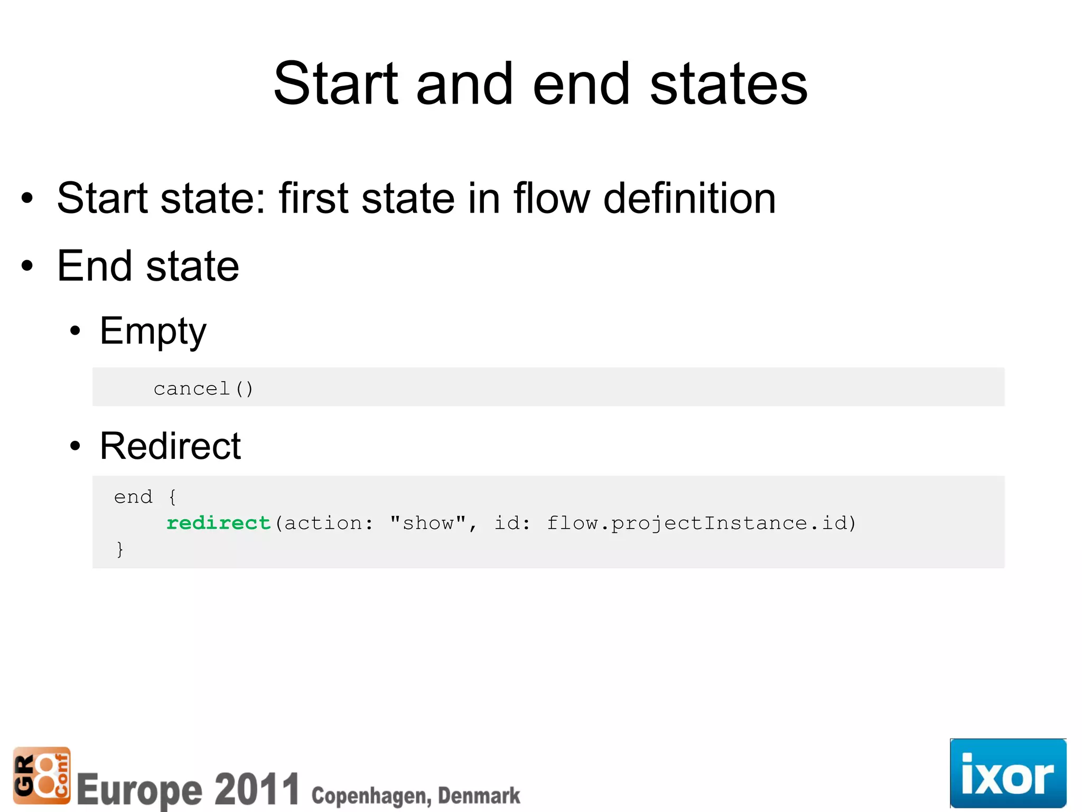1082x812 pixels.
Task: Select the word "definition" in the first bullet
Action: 689,198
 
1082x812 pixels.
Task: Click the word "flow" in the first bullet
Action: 552,198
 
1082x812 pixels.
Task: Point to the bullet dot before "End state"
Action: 27,266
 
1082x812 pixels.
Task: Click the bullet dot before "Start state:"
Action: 27,199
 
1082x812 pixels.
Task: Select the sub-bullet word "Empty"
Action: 153,331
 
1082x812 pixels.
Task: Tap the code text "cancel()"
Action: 203,389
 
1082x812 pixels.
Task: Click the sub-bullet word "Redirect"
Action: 170,446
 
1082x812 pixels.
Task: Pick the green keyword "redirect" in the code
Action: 218,523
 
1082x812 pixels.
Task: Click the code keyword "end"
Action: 133,497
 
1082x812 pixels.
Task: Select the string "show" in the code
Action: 428,523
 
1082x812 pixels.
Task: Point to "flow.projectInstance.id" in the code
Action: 697,523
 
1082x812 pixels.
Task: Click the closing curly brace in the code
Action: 120,549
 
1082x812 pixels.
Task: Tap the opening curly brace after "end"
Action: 172,497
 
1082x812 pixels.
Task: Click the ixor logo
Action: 1008,773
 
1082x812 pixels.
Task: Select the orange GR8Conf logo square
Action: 42,775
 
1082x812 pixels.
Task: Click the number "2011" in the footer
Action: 257,789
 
